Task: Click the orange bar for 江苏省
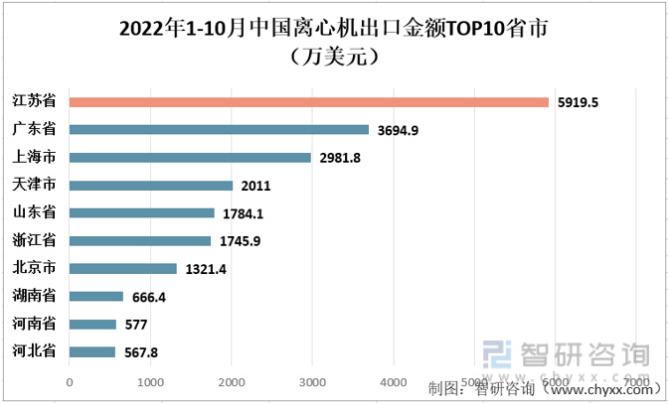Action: tap(308, 101)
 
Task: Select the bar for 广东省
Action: tap(219, 129)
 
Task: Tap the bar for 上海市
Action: tap(190, 157)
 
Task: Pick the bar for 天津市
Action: tap(151, 185)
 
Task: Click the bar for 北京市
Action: tap(123, 268)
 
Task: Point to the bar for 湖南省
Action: tap(96, 296)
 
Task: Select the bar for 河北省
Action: tap(92, 351)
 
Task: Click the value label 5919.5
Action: tap(579, 102)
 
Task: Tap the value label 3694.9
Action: tap(399, 130)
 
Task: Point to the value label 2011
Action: tap(255, 186)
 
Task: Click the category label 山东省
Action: tap(34, 212)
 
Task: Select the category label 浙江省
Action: tap(34, 240)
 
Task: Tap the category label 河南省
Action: tap(34, 324)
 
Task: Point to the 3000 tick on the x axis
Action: tap(312, 382)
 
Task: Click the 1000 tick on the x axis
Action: tap(150, 382)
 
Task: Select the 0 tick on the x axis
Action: tap(70, 382)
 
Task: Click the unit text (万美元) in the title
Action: tap(334, 57)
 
